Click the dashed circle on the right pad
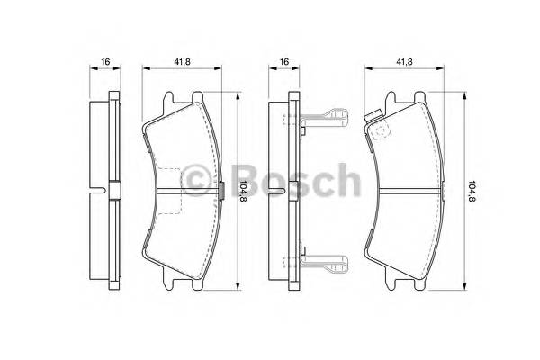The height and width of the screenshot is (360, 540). [380, 131]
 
